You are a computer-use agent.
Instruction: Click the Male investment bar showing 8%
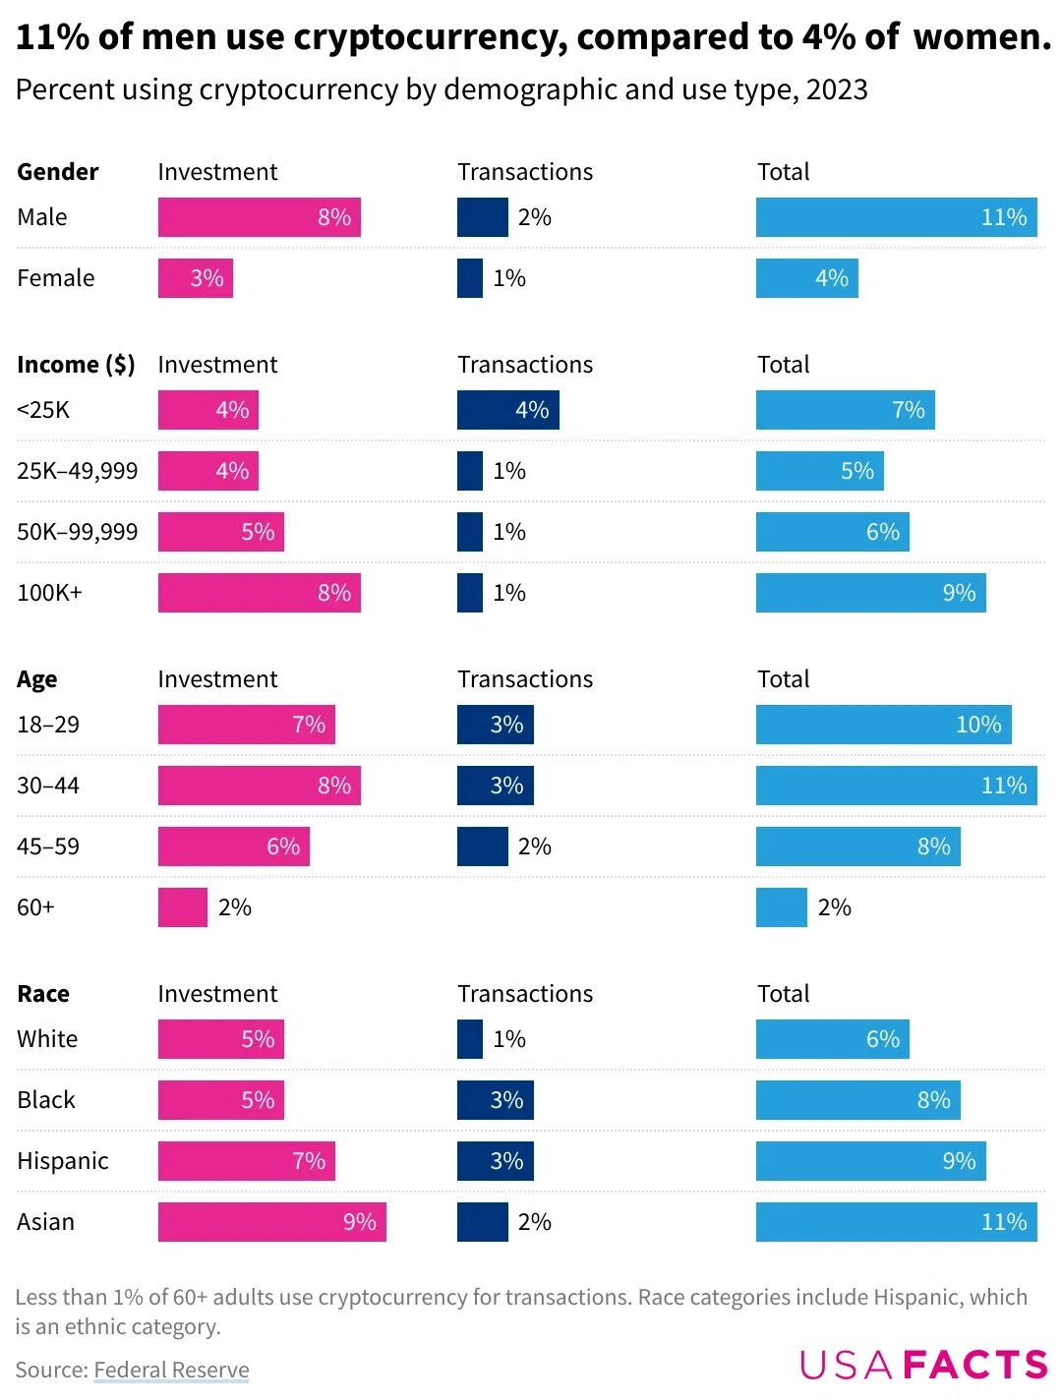click(259, 217)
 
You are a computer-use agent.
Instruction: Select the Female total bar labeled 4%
click(806, 278)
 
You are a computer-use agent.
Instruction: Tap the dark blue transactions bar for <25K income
click(507, 410)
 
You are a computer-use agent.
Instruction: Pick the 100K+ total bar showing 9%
click(870, 593)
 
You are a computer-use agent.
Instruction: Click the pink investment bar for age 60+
click(183, 907)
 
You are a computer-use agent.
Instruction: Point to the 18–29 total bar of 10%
click(883, 725)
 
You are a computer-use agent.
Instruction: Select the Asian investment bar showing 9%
click(271, 1222)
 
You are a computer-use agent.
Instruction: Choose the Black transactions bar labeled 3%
click(495, 1100)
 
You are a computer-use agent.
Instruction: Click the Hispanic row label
click(63, 1161)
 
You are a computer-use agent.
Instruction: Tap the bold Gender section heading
click(58, 172)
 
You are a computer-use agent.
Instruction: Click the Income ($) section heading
click(76, 365)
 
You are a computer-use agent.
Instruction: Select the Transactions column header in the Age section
click(525, 679)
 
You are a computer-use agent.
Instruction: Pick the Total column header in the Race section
click(783, 994)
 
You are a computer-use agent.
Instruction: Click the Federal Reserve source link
click(171, 1370)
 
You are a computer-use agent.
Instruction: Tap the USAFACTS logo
click(923, 1365)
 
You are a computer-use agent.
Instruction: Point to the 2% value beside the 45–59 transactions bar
click(534, 846)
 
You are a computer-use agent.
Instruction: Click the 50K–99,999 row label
click(78, 532)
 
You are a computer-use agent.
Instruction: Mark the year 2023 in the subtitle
click(837, 89)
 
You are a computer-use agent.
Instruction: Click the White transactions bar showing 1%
click(470, 1039)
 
